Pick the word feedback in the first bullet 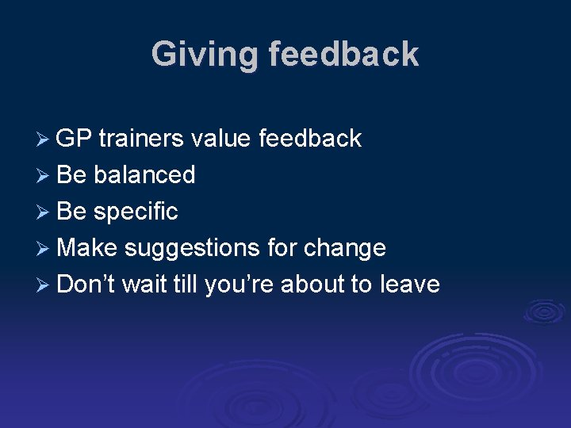310,139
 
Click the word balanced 144,174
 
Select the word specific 136,211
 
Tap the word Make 87,247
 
